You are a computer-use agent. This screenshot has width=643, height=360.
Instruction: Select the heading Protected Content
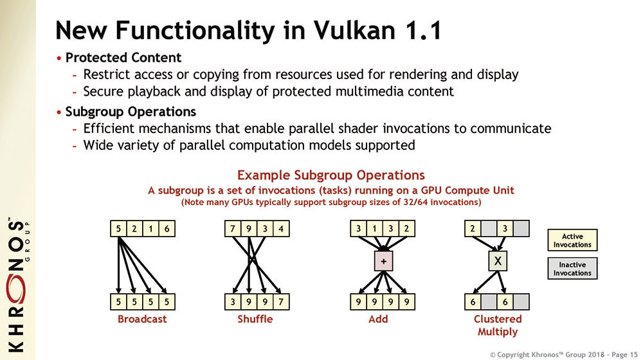pos(123,57)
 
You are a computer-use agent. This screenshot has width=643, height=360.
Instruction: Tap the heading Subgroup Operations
pos(131,111)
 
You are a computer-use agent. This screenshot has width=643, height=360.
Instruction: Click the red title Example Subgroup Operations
pos(331,175)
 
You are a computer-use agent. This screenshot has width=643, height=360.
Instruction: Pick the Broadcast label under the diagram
pos(142,319)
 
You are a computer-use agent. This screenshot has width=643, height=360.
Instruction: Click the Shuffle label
pos(255,319)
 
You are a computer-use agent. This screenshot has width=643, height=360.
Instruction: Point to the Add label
pos(378,319)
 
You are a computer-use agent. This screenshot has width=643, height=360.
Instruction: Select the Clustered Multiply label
pos(498,325)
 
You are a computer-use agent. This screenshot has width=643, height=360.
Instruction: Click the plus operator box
pos(383,261)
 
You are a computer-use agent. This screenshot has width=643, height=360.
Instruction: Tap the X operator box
pos(498,261)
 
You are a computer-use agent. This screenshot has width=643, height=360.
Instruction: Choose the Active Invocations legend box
pos(572,240)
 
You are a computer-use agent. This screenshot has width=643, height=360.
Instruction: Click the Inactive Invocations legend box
pos(572,269)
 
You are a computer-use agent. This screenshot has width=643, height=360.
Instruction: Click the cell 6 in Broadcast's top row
pos(167,229)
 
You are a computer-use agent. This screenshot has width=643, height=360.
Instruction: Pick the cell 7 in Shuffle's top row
pos(233,229)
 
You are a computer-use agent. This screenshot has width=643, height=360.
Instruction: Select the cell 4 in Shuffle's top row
pos(281,229)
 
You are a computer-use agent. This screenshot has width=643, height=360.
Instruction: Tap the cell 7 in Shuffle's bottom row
pos(281,302)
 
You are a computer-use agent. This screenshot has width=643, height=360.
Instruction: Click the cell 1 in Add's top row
pos(374,229)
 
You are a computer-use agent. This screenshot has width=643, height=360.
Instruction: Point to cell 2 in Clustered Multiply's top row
pos(473,229)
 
